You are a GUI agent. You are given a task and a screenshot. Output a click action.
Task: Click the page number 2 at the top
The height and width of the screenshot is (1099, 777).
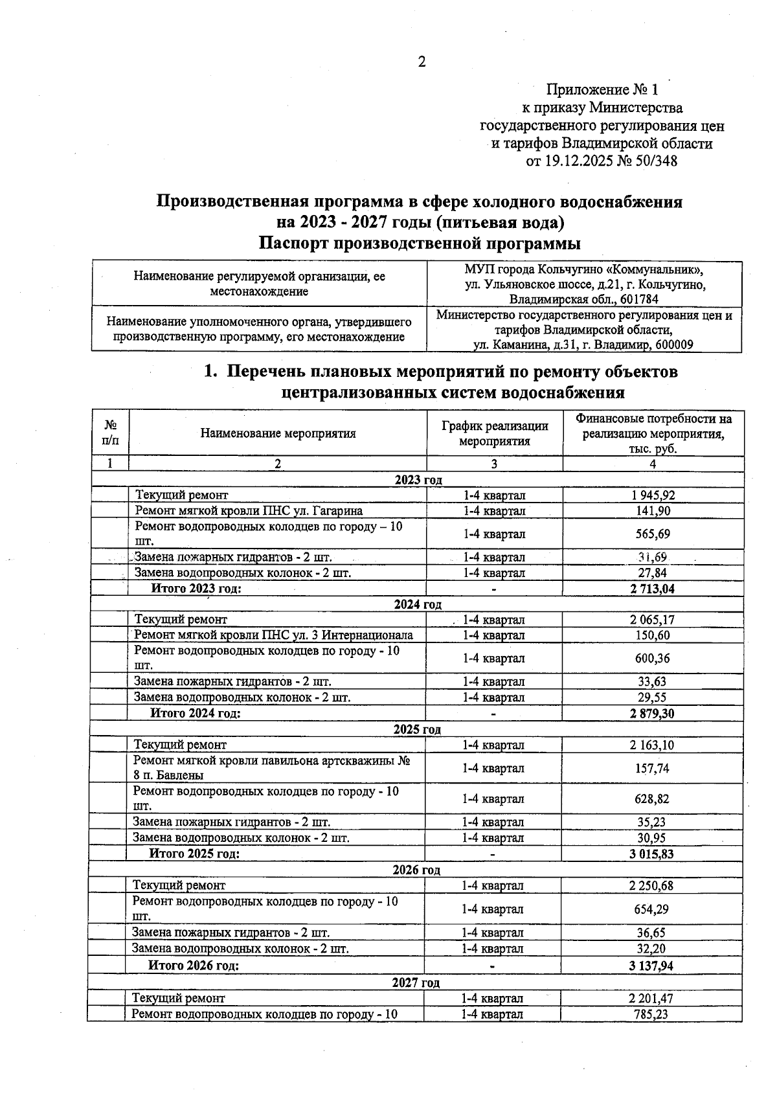pos(422,62)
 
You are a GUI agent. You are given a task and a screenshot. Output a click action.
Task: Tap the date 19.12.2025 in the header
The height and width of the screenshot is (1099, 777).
pos(578,161)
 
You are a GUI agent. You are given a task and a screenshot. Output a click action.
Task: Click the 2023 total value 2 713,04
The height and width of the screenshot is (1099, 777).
pos(652,589)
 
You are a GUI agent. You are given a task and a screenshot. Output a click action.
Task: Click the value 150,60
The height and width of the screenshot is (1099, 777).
pos(652,635)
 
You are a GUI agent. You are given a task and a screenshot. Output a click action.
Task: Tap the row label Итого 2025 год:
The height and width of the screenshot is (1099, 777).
pos(195,854)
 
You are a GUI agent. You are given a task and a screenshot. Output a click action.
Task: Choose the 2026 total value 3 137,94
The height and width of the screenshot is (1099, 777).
pos(651,966)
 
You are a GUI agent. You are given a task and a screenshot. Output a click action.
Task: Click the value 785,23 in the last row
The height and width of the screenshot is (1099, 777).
pos(651,1014)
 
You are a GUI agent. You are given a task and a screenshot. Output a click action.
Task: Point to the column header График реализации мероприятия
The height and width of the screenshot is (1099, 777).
pos(495,433)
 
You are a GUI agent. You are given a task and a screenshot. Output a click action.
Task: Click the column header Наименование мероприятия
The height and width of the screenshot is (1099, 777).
pos(278,433)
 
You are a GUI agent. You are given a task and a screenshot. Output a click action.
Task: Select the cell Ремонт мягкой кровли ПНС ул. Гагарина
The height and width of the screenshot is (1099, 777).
pos(249,511)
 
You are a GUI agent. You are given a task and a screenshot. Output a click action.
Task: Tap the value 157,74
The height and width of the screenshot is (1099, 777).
pos(651,768)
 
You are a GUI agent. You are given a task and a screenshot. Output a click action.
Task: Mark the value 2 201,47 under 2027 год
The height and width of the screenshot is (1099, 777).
pos(651,999)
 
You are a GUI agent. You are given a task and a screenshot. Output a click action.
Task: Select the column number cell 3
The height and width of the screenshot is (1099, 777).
pos(494,464)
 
